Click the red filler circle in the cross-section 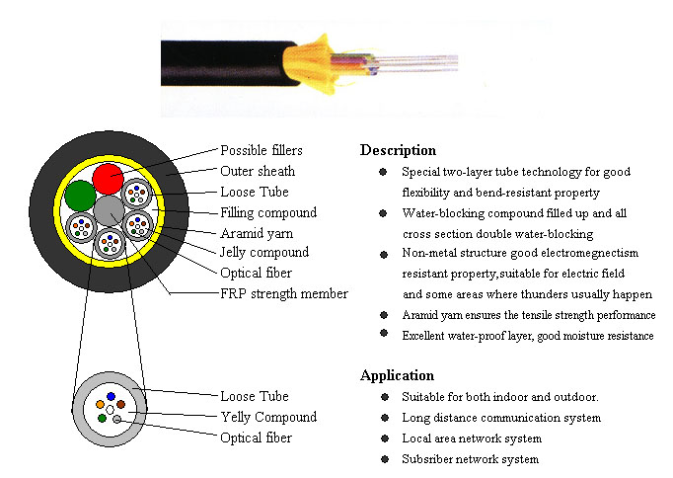point(108,179)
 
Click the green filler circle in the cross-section point(80,196)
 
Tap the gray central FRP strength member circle point(109,211)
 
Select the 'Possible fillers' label point(262,150)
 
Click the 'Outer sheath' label point(258,171)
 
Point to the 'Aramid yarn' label point(257,233)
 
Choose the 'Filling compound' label point(268,212)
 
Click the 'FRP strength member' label point(284,293)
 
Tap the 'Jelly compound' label point(264,252)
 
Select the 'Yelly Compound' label point(268,417)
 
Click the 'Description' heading point(398,150)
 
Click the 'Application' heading point(397,375)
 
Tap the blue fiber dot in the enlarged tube point(112,396)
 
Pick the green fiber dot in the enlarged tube point(103,418)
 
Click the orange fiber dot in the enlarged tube point(100,404)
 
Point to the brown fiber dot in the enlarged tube point(121,404)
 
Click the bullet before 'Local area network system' point(385,438)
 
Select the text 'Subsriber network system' point(471,459)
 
